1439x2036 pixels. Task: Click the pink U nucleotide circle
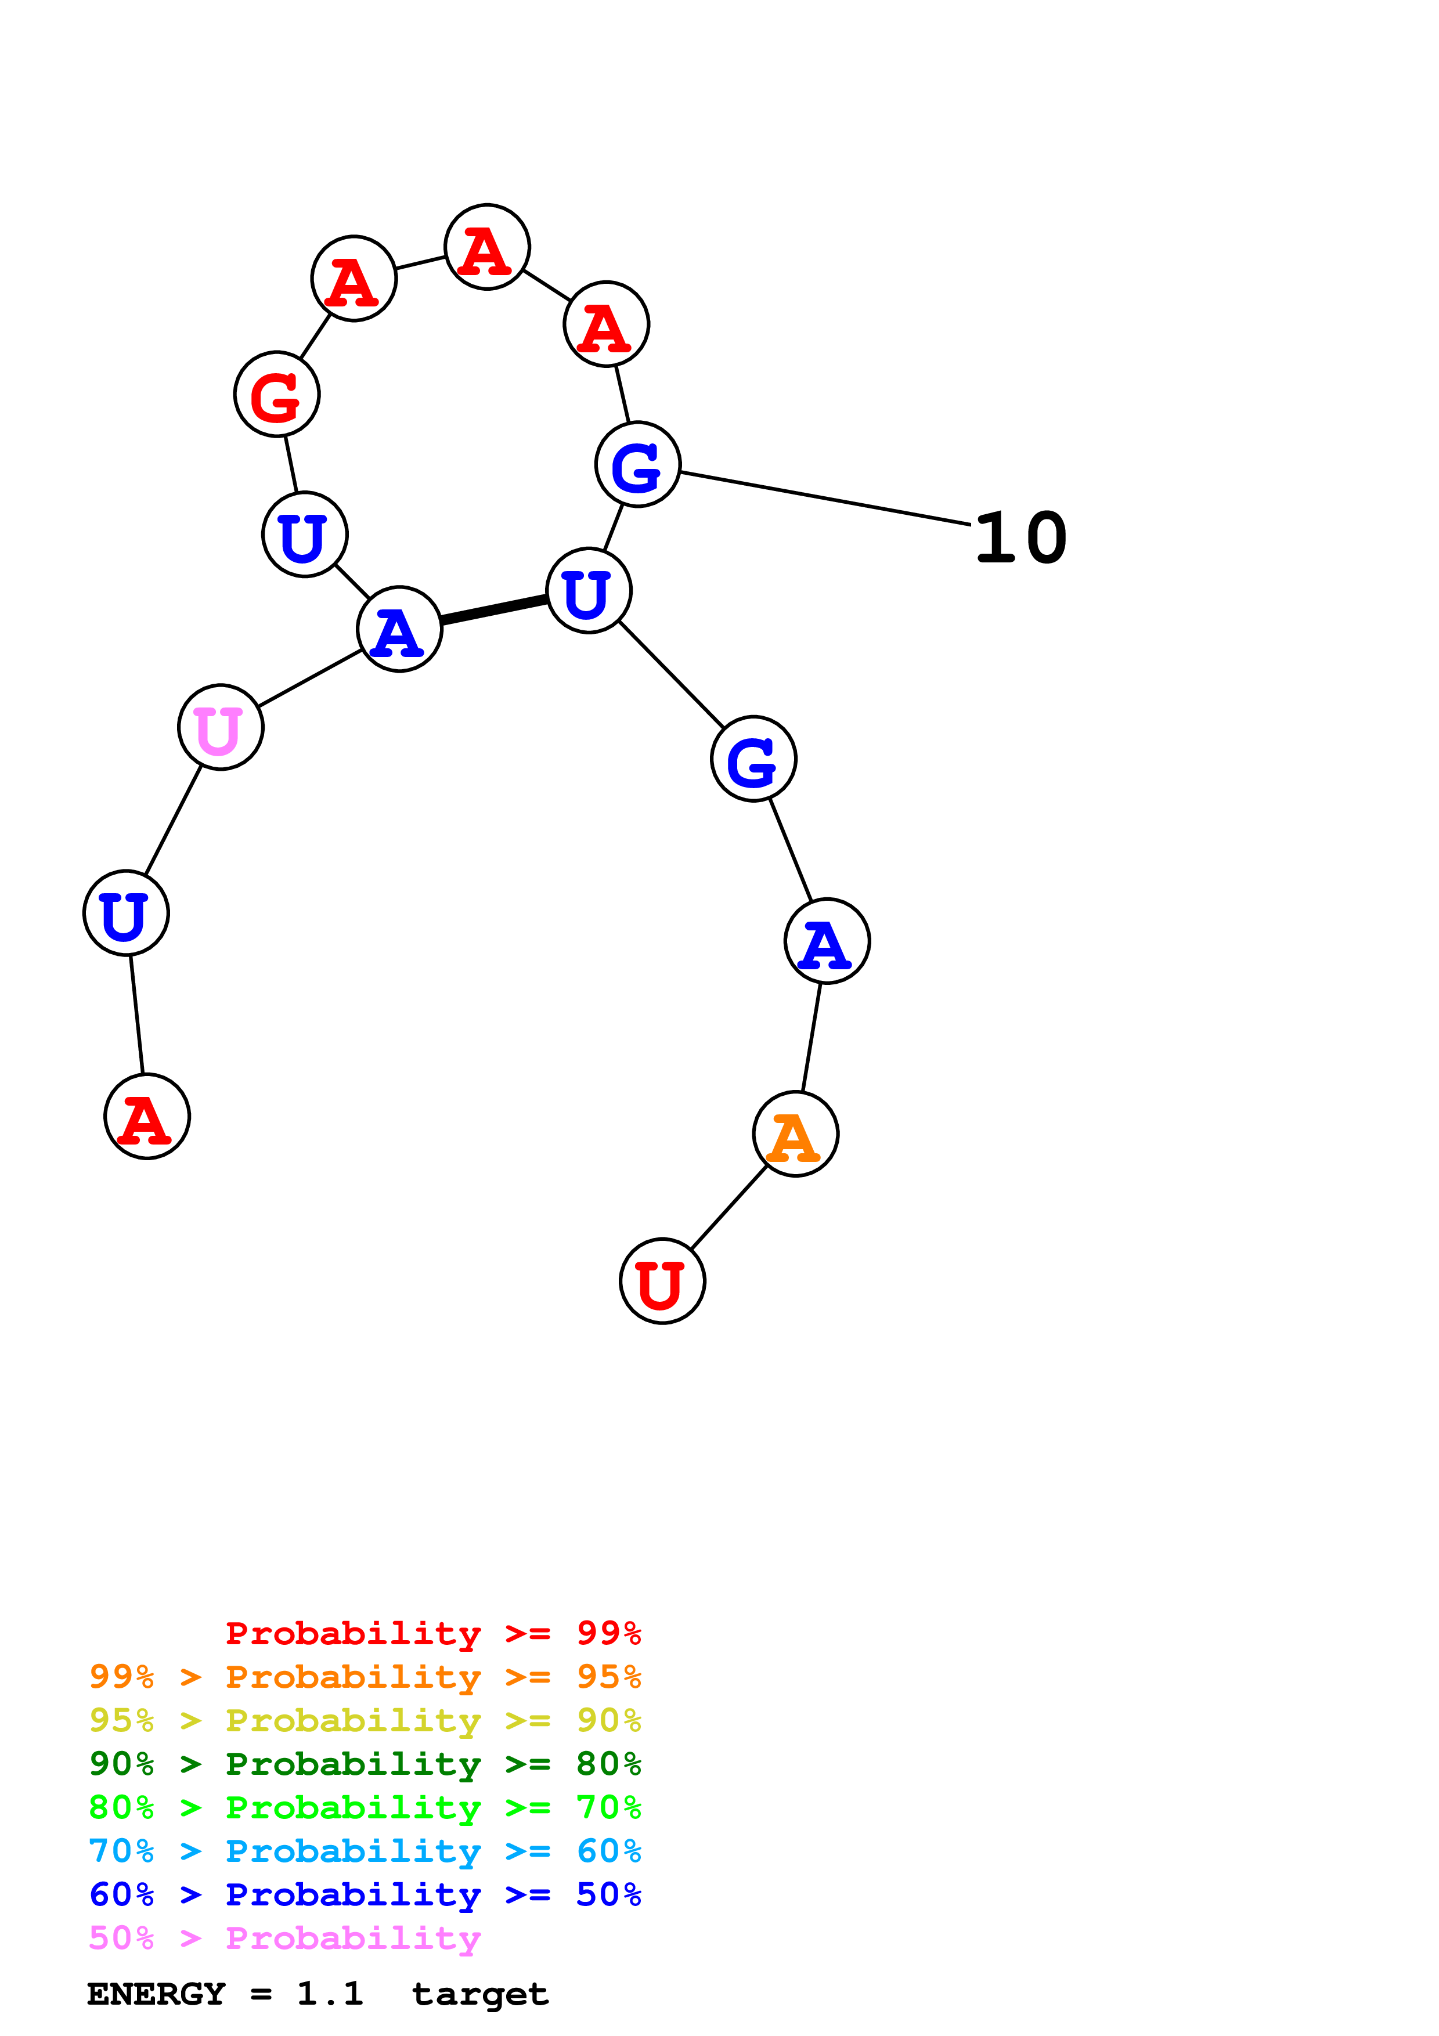(x=220, y=727)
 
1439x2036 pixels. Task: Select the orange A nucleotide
(x=795, y=1133)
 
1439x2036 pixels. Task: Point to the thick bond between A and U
(x=494, y=609)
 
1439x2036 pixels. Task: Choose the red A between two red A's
(x=487, y=247)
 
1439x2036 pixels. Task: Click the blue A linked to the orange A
(x=827, y=940)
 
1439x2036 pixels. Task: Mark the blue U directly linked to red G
(x=305, y=534)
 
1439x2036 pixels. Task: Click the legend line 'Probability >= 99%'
(x=432, y=1633)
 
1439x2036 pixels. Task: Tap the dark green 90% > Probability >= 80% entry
(x=365, y=1764)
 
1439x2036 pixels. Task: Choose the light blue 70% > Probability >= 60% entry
(x=365, y=1851)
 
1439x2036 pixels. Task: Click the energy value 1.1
(x=330, y=1994)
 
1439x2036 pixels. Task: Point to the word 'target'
(x=479, y=1994)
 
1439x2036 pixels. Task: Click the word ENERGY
(x=156, y=1994)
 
